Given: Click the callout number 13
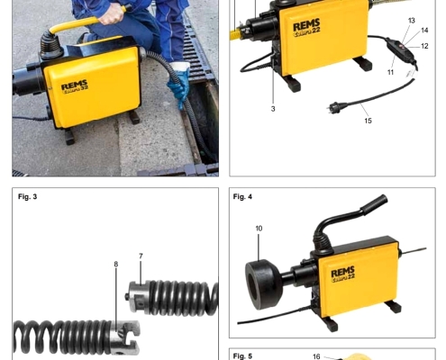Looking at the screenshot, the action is (412, 21).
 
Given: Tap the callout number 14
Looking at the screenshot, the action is (424, 31).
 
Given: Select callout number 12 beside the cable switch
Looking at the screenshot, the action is (424, 46).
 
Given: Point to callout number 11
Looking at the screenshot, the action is (390, 72).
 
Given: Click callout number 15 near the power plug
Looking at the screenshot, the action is (368, 121).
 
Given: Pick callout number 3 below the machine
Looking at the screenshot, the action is (273, 109).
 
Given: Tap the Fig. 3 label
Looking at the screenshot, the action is (28, 197).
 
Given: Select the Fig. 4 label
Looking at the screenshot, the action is (242, 197).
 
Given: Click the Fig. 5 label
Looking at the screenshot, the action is (242, 356).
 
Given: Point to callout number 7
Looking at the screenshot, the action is (141, 256).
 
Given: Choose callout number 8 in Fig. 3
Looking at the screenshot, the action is (116, 265).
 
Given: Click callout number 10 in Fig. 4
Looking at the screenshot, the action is (259, 229).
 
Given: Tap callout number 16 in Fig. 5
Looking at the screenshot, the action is (316, 356).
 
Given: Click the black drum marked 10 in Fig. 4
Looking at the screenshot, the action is (262, 284).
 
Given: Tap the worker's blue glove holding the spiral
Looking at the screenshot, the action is (179, 84).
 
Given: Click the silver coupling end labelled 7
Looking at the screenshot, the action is (137, 296).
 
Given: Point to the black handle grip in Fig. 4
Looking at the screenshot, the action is (374, 204).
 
